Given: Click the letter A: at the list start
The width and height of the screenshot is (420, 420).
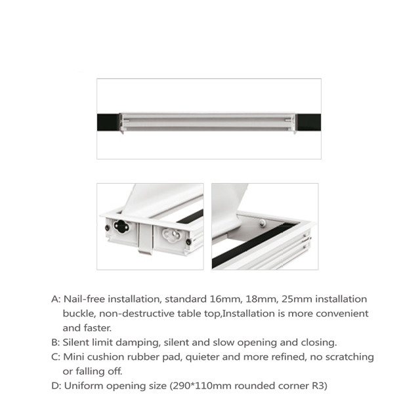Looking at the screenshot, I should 55,299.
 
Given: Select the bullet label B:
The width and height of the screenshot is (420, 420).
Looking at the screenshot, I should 55,342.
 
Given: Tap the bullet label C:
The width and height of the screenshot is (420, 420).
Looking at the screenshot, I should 55,357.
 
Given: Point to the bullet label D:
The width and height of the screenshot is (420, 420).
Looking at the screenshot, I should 55,386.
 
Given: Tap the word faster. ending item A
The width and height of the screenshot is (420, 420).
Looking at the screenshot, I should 96,327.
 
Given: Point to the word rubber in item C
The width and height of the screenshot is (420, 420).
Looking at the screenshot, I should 150,357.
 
